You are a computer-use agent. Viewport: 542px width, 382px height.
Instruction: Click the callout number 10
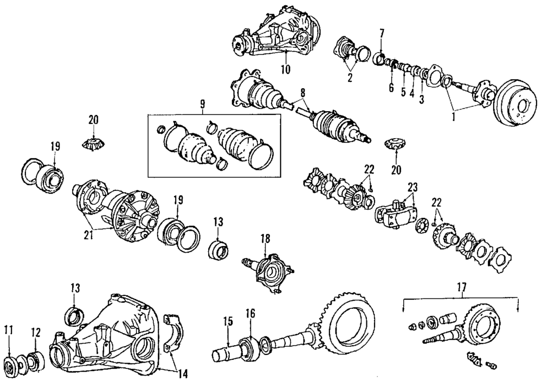[x=286, y=69]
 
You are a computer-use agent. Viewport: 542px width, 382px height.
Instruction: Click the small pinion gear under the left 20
[x=93, y=145]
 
